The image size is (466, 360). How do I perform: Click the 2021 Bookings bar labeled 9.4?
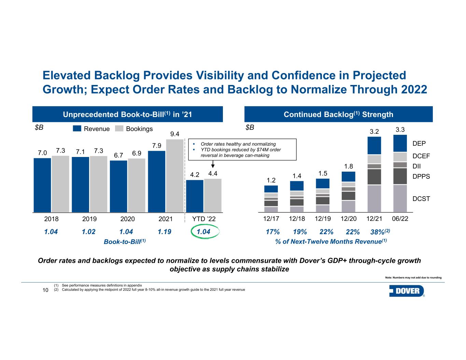coord(175,176)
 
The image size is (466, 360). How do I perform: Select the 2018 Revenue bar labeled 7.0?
coord(42,185)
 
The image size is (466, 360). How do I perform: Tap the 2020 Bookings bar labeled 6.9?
coord(137,185)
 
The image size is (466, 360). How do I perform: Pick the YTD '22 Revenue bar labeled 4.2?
coord(195,196)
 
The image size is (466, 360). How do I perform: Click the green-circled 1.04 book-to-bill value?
coord(201,232)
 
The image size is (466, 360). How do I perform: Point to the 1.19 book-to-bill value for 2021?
coord(164,232)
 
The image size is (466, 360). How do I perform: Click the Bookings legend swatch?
coord(119,129)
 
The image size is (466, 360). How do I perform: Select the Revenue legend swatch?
coord(77,129)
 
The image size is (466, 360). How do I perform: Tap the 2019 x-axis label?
coord(90,219)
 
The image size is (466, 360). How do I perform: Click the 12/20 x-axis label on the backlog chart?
coord(348,219)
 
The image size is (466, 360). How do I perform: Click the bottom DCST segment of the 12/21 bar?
coord(374,199)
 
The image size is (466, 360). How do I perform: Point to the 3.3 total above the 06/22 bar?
coord(400,130)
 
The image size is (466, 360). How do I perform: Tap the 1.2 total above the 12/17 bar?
coord(271,180)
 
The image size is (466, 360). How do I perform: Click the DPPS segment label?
coord(421,177)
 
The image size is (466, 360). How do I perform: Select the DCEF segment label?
coord(421,156)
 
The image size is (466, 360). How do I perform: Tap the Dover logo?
coord(407,291)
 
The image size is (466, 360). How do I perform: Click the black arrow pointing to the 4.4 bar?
coord(212,166)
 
